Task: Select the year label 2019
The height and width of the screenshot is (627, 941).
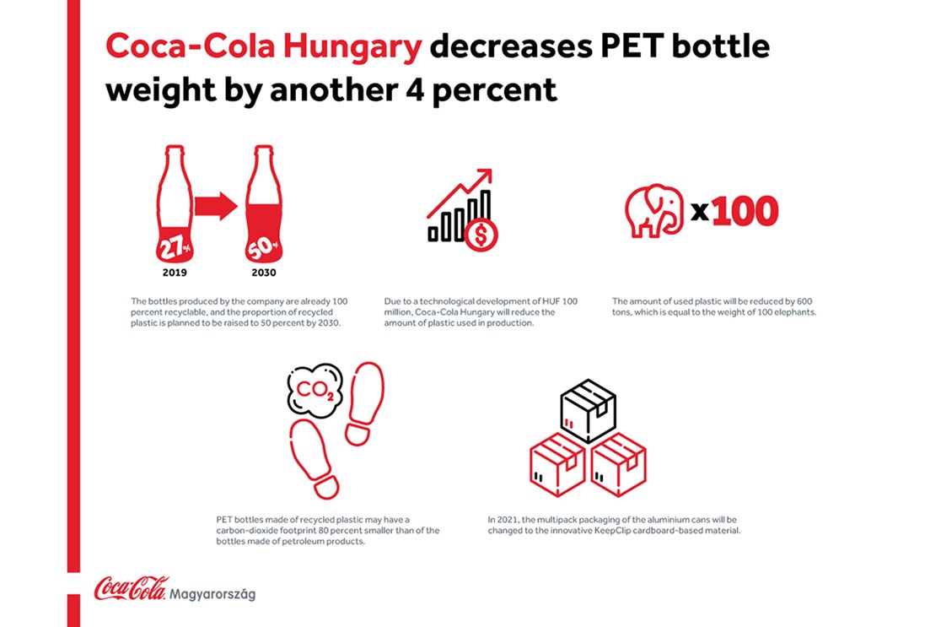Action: pyautogui.click(x=175, y=273)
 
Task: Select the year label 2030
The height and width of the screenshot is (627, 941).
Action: pyautogui.click(x=263, y=273)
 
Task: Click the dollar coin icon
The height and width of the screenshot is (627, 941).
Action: pyautogui.click(x=481, y=235)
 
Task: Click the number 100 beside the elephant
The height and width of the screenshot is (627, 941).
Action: pyautogui.click(x=744, y=212)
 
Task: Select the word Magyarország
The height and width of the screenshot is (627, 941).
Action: pyautogui.click(x=212, y=594)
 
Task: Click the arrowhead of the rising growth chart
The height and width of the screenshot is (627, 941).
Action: pyautogui.click(x=485, y=176)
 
